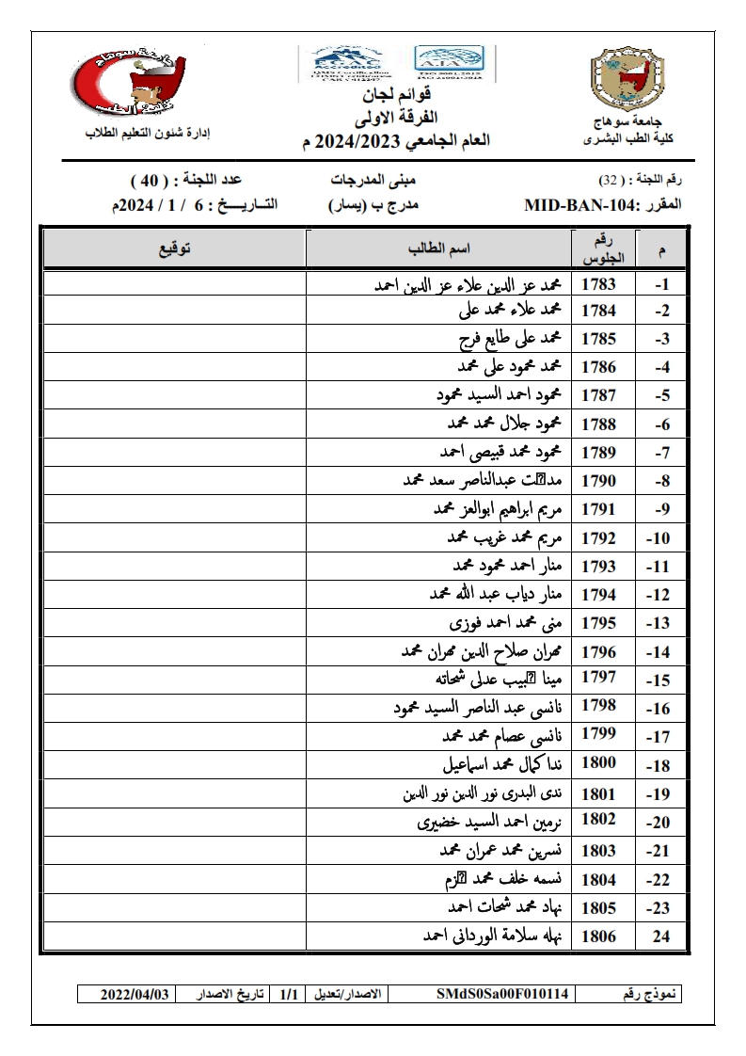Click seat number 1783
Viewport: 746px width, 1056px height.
598,284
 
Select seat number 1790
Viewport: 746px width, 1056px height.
598,481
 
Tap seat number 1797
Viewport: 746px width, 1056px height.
598,678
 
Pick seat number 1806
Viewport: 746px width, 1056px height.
598,936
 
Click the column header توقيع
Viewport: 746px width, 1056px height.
175,248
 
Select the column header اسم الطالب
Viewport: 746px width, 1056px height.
438,248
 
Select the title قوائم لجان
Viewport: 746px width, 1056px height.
396,97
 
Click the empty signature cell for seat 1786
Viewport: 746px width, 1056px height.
175,367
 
